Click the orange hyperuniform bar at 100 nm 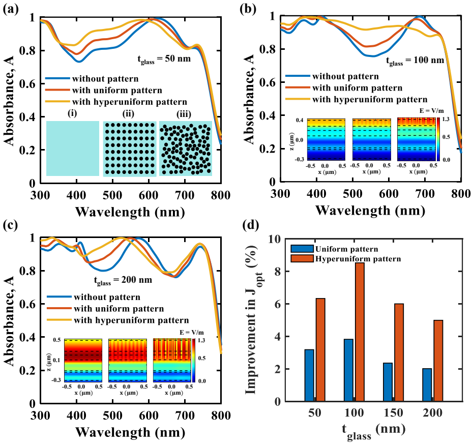[360, 332]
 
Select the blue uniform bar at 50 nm [309, 375]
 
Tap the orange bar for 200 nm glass [438, 361]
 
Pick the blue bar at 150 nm [388, 382]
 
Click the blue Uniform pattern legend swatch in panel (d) [302, 249]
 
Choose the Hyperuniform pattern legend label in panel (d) [358, 259]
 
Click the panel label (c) [11, 225]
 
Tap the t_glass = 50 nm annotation [164, 60]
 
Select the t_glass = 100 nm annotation [415, 61]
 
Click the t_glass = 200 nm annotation [123, 281]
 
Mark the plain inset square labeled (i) [73, 149]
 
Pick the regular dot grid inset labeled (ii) [130, 149]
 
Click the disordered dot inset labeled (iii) [186, 149]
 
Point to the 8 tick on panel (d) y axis [277, 272]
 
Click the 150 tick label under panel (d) [393, 413]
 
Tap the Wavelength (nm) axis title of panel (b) [370, 211]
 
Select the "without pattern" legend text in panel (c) [107, 297]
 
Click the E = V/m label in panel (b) [432, 111]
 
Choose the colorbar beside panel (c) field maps [194, 360]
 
